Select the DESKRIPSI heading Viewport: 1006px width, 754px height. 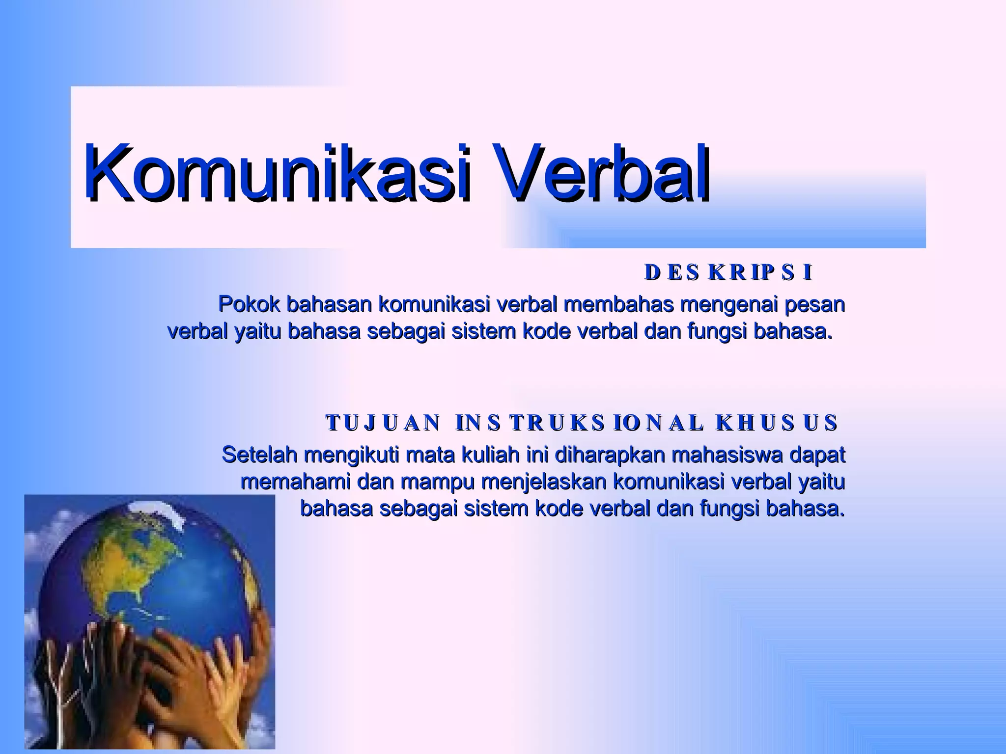coord(728,273)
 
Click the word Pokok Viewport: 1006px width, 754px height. coord(249,305)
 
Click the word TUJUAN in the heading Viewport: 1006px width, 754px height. coord(383,423)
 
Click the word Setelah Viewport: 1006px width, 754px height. coord(259,455)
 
